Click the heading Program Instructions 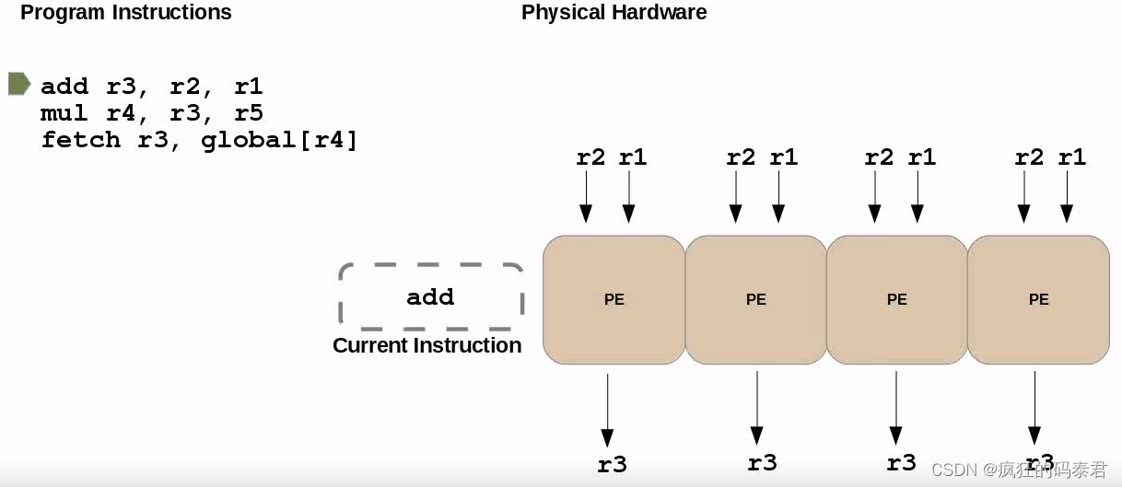point(126,13)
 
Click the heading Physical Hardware point(614,13)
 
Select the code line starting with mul point(152,113)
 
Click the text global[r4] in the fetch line point(279,140)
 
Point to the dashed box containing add point(430,296)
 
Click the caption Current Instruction point(427,345)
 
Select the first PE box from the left point(614,299)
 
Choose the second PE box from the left point(755,299)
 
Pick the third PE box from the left point(896,299)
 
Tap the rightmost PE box point(1038,299)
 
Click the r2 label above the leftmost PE point(590,157)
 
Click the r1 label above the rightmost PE point(1071,157)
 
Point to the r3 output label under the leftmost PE point(612,465)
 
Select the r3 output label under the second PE point(762,462)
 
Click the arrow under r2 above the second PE point(735,199)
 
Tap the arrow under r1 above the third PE point(917,199)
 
